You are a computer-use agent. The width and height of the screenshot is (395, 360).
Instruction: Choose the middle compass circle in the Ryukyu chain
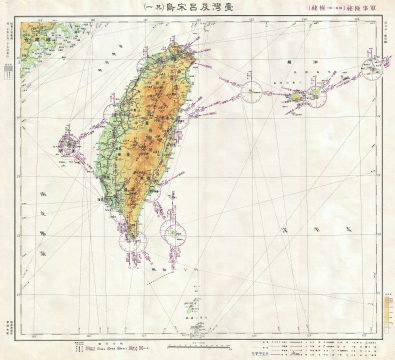[304, 98]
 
